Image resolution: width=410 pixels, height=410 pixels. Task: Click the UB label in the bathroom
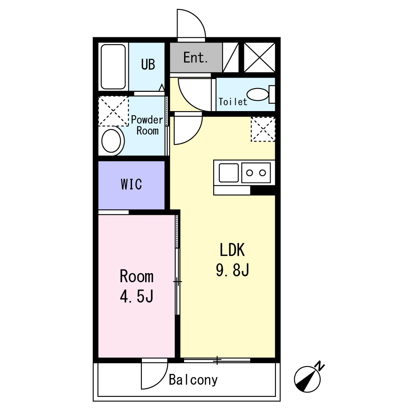148,64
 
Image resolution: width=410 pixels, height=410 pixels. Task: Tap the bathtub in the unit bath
113,67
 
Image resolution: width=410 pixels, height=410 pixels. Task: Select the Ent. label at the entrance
196,57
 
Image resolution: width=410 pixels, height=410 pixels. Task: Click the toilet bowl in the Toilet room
257,94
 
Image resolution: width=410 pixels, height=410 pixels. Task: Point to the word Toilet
233,102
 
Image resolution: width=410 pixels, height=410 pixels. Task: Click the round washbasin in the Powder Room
112,141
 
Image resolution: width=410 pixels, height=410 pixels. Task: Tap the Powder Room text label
147,125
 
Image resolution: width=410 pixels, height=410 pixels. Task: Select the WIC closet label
131,184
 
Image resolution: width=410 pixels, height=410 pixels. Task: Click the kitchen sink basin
228,173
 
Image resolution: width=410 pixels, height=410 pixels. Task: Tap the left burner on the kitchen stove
249,173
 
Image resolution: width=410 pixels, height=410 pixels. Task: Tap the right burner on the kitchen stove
262,173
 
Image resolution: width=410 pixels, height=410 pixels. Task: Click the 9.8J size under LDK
232,270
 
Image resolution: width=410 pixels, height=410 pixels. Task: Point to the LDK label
232,250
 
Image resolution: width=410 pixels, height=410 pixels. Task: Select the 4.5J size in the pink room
137,296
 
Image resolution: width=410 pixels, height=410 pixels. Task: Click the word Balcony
193,380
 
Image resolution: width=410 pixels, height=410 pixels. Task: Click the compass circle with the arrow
307,379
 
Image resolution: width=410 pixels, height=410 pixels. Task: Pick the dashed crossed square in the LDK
263,129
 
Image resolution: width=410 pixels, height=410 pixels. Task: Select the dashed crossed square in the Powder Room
113,111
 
